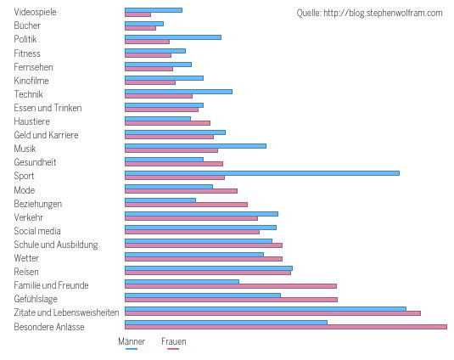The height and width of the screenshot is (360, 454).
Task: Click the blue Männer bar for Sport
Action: coord(261,173)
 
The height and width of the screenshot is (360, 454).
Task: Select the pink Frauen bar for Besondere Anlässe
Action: coord(285,327)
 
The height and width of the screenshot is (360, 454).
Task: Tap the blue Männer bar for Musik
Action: coord(195,146)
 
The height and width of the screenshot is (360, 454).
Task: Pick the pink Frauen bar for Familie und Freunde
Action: coord(230,286)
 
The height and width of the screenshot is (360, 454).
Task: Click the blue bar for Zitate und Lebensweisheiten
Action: coord(265,308)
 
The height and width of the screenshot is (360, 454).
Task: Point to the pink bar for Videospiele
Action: coord(137,14)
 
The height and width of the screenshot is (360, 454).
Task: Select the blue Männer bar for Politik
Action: coord(172,37)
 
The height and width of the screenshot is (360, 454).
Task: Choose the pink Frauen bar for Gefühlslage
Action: coord(231,300)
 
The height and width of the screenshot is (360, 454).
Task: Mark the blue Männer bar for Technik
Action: coord(178,92)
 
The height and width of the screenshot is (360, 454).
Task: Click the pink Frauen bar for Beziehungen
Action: coord(186,205)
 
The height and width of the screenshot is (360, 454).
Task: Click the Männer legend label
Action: coord(131,341)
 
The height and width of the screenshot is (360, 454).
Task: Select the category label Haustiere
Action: coord(31,121)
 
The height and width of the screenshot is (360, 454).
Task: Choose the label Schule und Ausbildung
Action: coord(56,245)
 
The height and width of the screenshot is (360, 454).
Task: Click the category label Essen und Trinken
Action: coord(48,108)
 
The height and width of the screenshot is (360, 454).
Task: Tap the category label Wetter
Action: coord(26,258)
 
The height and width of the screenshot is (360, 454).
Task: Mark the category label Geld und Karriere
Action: coord(47,135)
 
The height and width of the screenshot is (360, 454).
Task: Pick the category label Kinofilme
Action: coord(31,81)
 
